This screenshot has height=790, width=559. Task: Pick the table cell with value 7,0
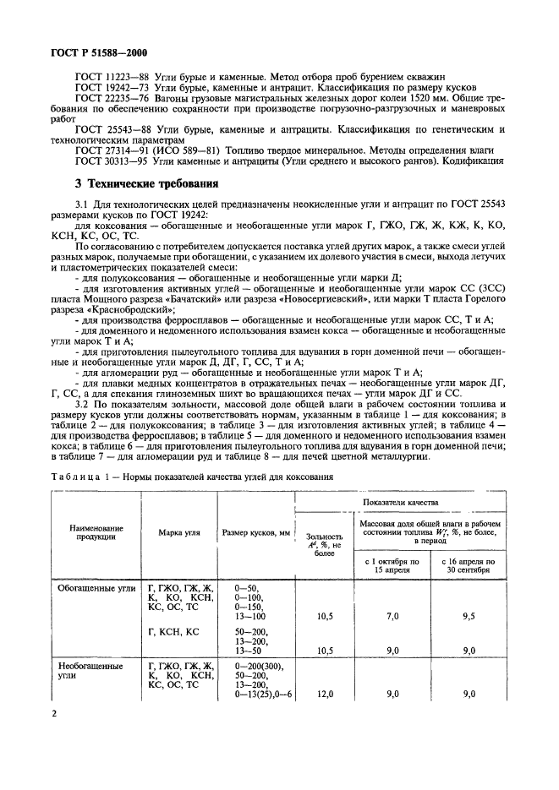pos(392,617)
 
